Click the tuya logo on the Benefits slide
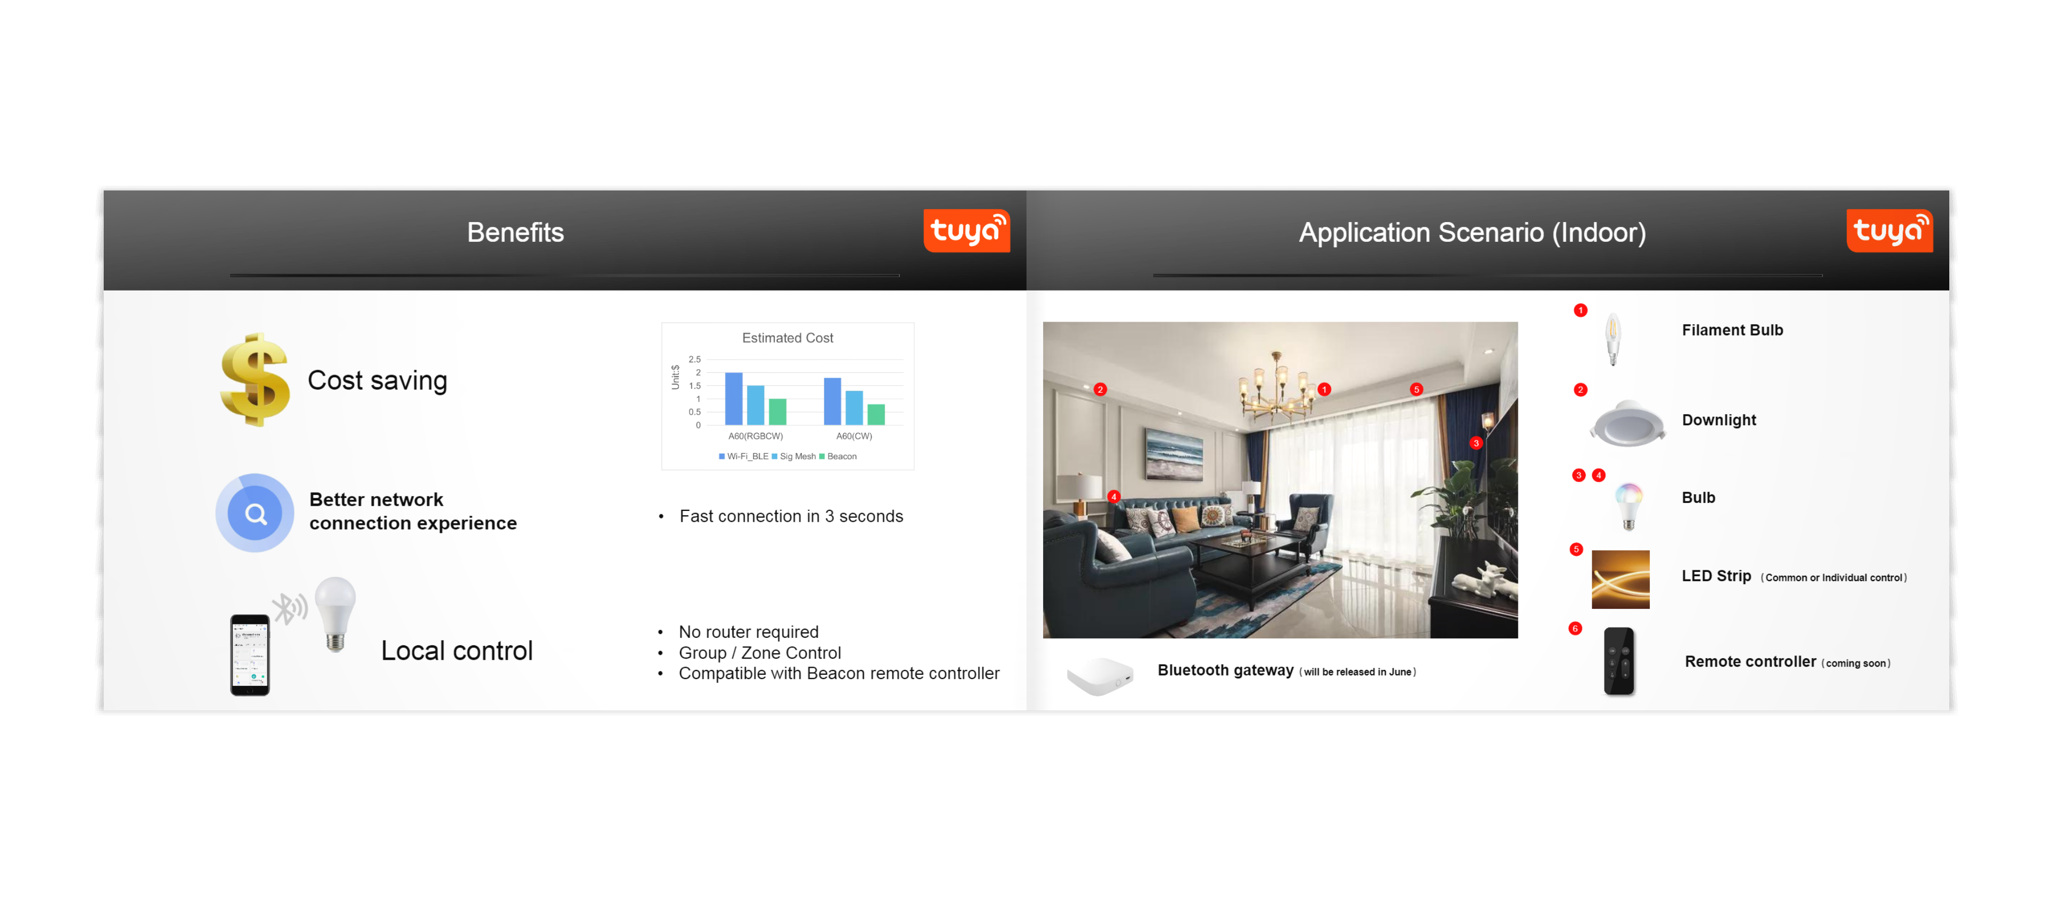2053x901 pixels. pyautogui.click(x=966, y=231)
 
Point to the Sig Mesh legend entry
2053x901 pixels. pyautogui.click(x=794, y=457)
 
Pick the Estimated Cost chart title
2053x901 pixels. pyautogui.click(x=788, y=338)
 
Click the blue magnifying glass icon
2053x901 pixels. pyautogui.click(x=255, y=513)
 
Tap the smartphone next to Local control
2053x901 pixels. pyautogui.click(x=250, y=655)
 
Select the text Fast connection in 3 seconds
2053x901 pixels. pyautogui.click(x=791, y=517)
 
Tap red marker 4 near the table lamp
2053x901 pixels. pyautogui.click(x=1113, y=497)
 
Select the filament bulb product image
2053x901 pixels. pyautogui.click(x=1612, y=339)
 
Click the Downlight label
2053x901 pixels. pyautogui.click(x=1718, y=420)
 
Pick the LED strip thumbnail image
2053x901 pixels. pyautogui.click(x=1620, y=579)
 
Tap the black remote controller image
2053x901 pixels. pyautogui.click(x=1619, y=661)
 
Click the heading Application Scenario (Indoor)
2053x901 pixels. pyautogui.click(x=1472, y=233)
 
